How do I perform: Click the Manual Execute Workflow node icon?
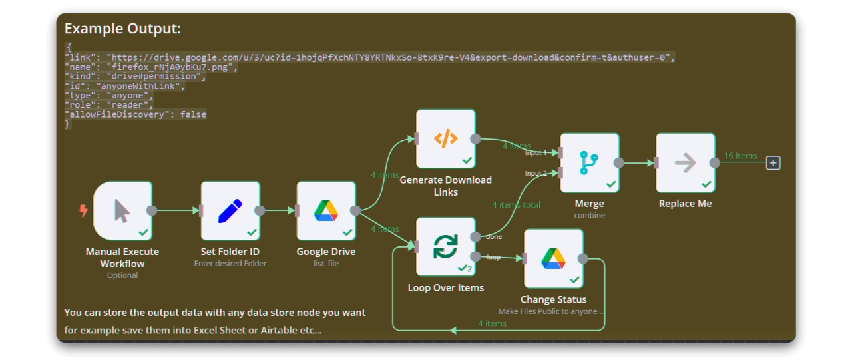(122, 210)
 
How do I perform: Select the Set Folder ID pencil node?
(230, 210)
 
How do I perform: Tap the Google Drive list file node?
(326, 210)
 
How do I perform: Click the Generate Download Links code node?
(446, 138)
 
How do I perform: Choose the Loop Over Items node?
(446, 246)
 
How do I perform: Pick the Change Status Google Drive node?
(553, 258)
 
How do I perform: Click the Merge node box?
(590, 162)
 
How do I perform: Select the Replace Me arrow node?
(686, 162)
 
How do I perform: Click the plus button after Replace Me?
(773, 162)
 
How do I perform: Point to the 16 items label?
(740, 156)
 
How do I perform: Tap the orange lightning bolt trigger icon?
(83, 210)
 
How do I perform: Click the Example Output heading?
(122, 29)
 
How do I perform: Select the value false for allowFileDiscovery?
(193, 114)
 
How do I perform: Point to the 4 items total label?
(516, 205)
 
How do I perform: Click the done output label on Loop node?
(494, 236)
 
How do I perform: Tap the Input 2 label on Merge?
(536, 174)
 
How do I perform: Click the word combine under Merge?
(590, 216)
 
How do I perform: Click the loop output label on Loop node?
(494, 257)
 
